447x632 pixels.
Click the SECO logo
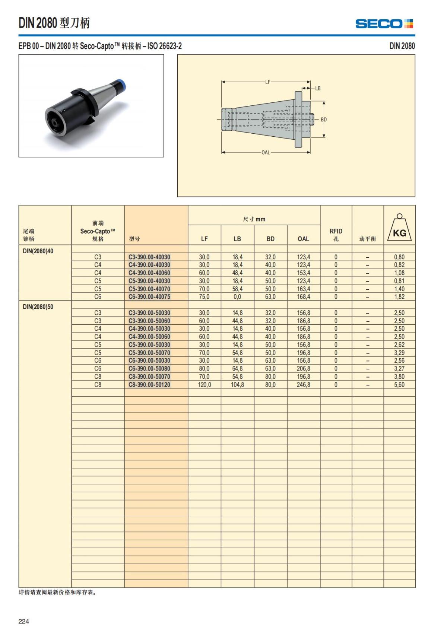point(384,24)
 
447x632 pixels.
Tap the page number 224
point(24,621)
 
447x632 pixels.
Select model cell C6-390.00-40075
point(149,297)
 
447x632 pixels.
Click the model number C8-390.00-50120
point(149,385)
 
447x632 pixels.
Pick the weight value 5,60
point(399,385)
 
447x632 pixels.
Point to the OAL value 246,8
point(303,385)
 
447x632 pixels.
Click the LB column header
point(237,239)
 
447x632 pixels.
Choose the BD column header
point(270,239)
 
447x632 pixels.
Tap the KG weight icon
point(399,228)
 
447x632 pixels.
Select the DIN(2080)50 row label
point(38,307)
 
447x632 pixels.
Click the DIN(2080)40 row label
point(38,251)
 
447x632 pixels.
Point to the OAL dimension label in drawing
point(266,152)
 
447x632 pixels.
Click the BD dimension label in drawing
point(324,120)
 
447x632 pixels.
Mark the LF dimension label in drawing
point(267,82)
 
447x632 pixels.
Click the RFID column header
point(336,235)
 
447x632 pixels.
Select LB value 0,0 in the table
point(237,297)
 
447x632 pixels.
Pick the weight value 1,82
point(399,297)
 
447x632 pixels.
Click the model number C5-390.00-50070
point(149,353)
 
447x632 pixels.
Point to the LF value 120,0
point(205,385)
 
